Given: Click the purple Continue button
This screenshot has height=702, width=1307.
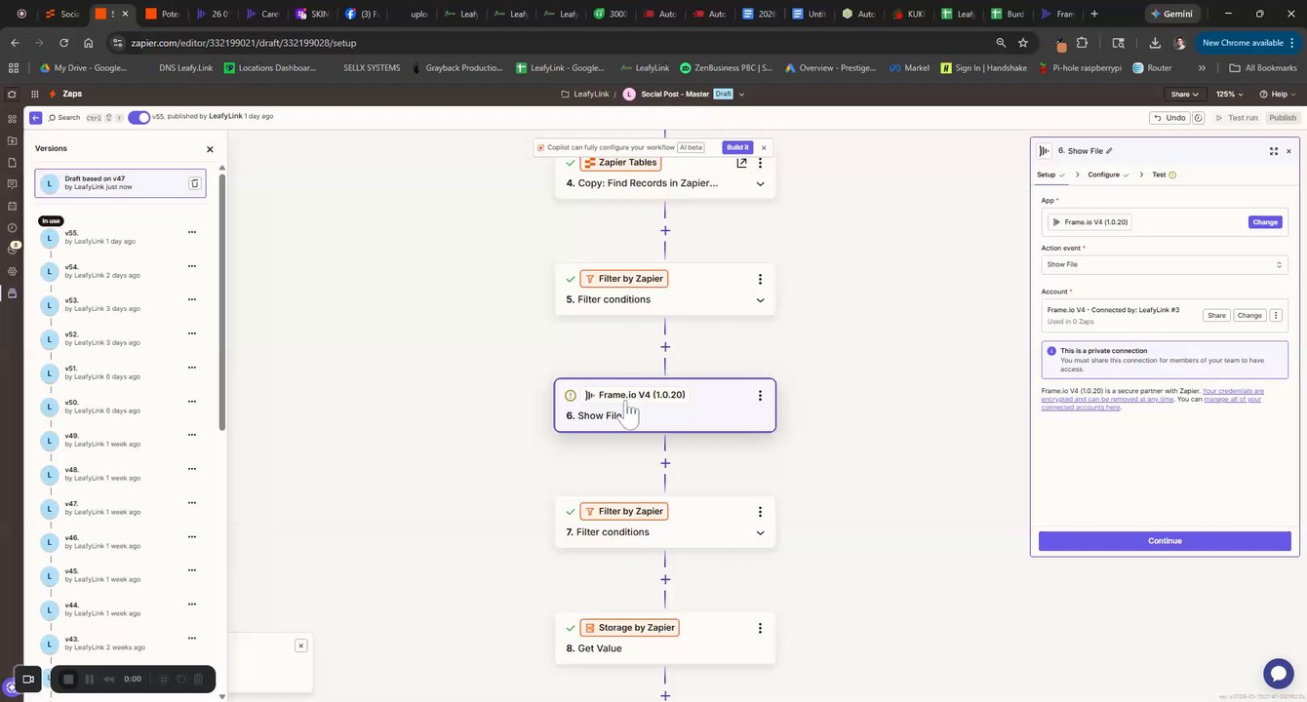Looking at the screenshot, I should (x=1165, y=541).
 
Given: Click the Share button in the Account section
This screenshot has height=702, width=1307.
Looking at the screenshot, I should (x=1216, y=315).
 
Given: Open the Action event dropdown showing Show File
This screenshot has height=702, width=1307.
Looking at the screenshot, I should (x=1165, y=264).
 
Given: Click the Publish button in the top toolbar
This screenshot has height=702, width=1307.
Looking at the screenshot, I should (x=1282, y=118).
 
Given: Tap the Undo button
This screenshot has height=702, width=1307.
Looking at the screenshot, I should (x=1169, y=118).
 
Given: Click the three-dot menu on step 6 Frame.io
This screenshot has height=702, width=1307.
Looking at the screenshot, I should (x=760, y=396).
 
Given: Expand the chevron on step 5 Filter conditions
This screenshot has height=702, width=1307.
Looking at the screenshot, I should (x=760, y=300).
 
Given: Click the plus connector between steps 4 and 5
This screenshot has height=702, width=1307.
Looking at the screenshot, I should (x=665, y=231).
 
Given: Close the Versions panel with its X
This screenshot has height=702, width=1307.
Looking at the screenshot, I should (x=210, y=149).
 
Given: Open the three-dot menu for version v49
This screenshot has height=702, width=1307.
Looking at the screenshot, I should (x=192, y=435).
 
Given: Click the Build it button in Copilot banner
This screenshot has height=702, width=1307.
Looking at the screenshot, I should (x=737, y=147).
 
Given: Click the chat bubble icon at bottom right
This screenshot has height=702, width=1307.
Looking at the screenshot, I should (x=1278, y=674).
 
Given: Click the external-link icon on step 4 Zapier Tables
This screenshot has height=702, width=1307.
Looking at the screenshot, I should (x=741, y=163).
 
